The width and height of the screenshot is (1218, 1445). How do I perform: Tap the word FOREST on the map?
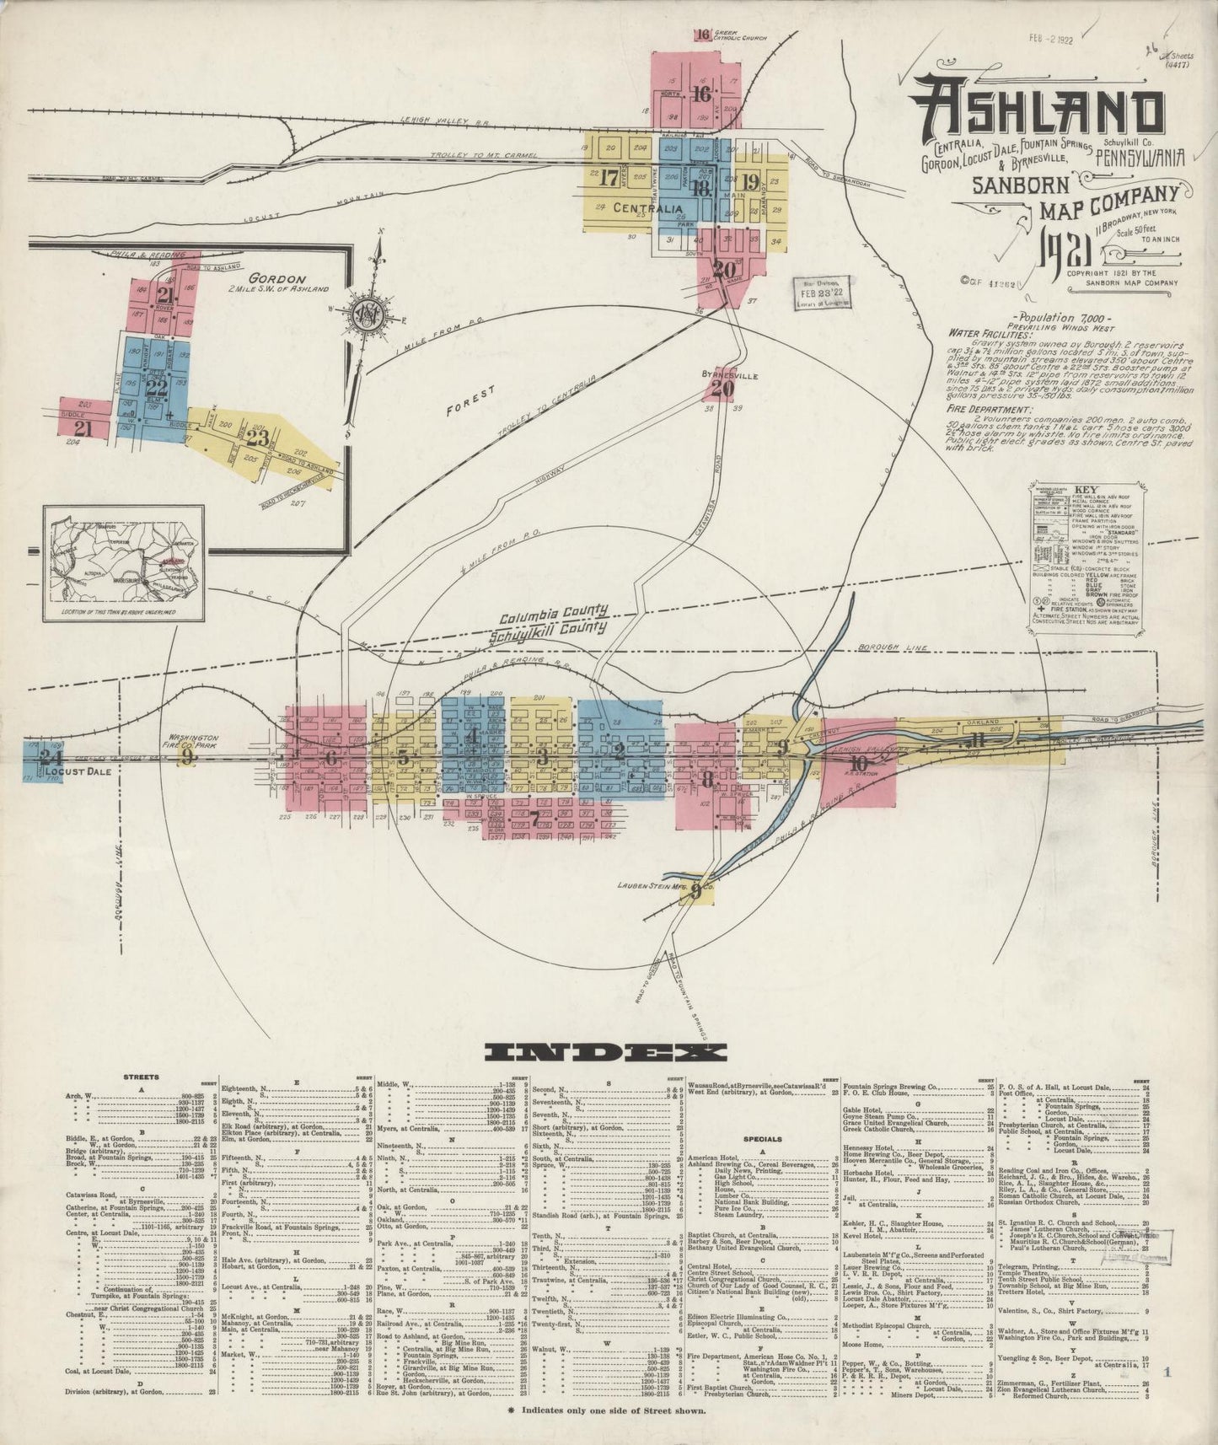[x=471, y=401]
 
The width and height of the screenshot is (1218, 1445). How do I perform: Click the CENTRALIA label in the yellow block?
[x=647, y=207]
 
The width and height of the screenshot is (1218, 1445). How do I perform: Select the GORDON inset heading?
[x=283, y=279]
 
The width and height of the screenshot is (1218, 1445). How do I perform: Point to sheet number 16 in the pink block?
[x=700, y=94]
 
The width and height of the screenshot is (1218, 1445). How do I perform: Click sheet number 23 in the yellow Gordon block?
[x=259, y=438]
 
